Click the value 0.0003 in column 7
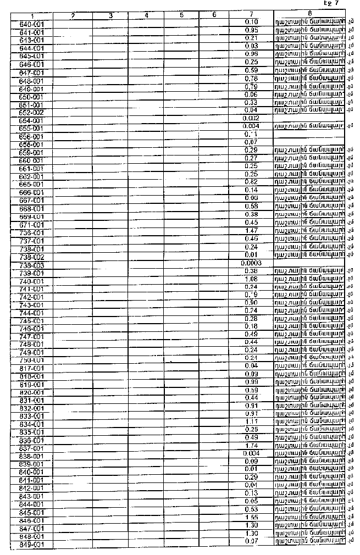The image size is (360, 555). coord(251,263)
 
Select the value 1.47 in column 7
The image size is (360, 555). coord(251,231)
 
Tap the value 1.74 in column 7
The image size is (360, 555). coord(251,446)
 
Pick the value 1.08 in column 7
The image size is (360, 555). coord(251,279)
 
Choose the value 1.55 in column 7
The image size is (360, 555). coord(251,518)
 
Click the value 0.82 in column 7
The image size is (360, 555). coord(251,182)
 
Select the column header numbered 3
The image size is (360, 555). coord(110,15)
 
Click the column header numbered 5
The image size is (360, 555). coord(181,15)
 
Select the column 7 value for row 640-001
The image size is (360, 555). coord(251,21)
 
